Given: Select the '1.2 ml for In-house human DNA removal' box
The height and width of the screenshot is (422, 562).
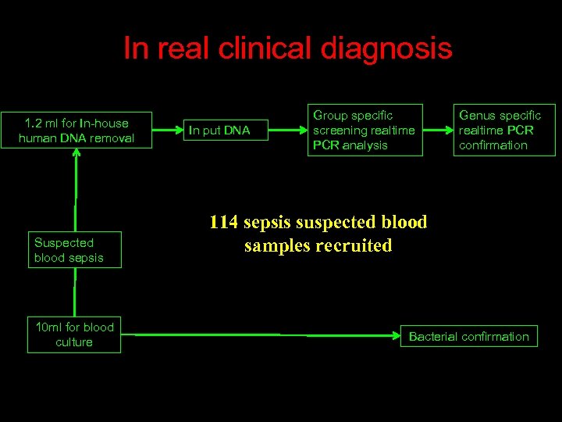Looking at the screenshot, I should coord(76,131).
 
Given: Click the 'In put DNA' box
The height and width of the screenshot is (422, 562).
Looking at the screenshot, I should coord(225,131).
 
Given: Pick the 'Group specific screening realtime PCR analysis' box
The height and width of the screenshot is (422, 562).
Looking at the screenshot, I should coord(364,130).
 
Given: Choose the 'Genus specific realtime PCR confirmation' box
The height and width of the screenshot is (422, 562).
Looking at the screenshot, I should coord(503,130).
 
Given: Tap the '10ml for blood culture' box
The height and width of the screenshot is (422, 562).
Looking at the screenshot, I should coord(74,334).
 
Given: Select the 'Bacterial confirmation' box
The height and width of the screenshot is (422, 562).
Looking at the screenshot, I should coord(468,336).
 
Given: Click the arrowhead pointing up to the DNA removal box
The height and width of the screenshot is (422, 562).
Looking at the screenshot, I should coord(76,154).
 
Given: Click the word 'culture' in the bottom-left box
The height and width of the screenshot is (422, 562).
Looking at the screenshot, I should coord(74,342).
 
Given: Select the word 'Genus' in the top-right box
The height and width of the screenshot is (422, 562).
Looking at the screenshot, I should coord(476,115).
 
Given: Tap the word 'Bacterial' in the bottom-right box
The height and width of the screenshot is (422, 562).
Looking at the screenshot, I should coord(435,337).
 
